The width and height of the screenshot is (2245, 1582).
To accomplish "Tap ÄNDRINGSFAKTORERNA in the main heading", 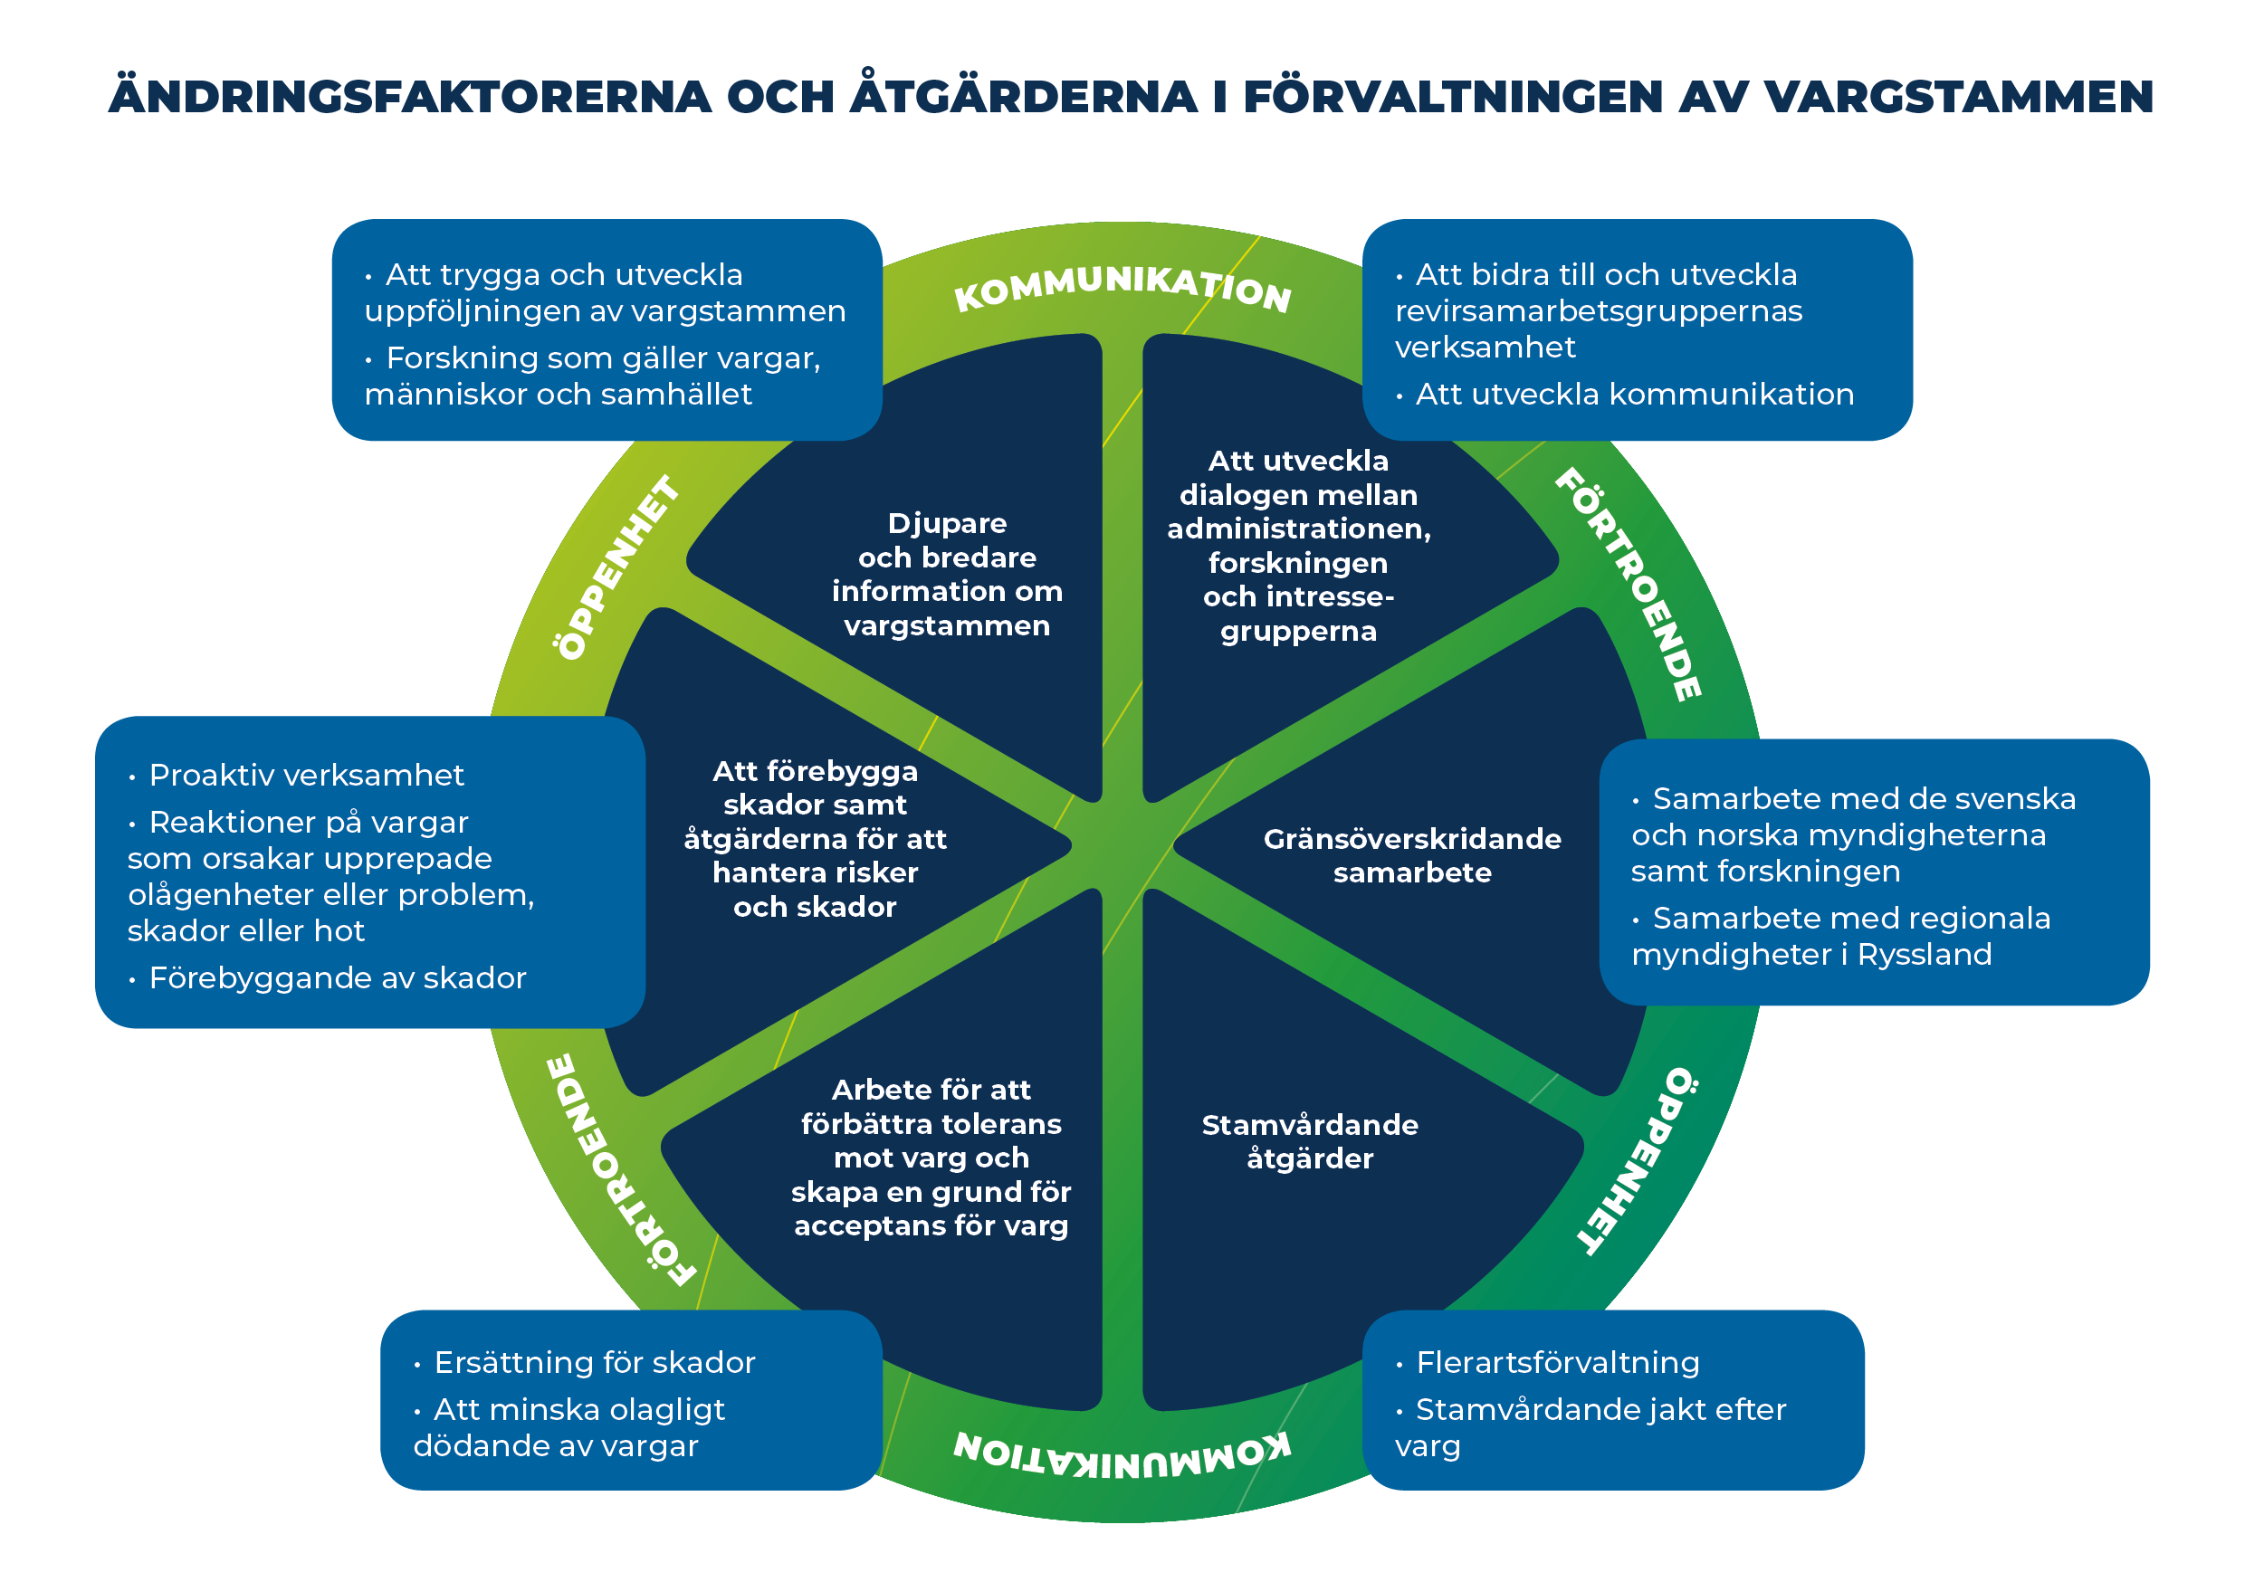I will [x=410, y=97].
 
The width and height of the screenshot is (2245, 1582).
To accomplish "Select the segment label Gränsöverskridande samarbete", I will [x=1411, y=855].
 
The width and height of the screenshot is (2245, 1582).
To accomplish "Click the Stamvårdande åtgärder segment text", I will [x=1309, y=1141].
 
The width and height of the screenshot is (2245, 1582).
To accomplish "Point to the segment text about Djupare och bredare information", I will [x=947, y=574].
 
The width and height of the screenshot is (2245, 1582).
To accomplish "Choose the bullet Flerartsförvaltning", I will [x=1557, y=1362].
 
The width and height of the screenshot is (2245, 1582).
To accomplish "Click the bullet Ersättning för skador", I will [x=594, y=1362].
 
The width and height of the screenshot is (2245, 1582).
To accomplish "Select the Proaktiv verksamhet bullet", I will [x=306, y=776].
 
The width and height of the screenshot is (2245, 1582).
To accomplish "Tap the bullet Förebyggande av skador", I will [x=338, y=977].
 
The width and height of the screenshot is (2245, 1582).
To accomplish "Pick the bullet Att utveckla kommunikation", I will [x=1634, y=394].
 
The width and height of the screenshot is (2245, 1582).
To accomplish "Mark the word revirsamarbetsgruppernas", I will [x=1598, y=311].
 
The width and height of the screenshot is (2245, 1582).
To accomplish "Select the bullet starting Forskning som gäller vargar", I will [x=591, y=376].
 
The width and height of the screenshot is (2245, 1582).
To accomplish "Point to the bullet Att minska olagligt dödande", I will [x=569, y=1427].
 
